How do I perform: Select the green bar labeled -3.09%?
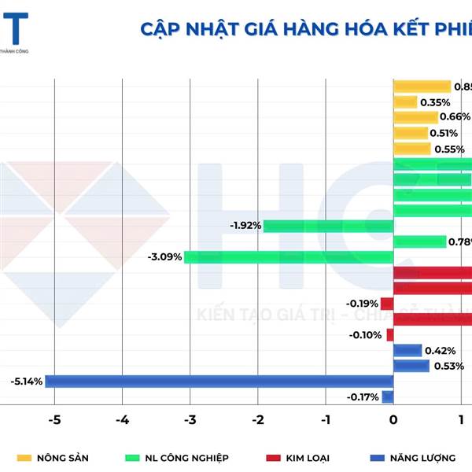[288, 256]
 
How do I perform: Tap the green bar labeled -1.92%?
[327, 226]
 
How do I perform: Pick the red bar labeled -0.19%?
[386, 304]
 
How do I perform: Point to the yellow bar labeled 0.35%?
[404, 102]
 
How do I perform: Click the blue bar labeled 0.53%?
[411, 366]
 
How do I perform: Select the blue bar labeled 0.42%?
[407, 351]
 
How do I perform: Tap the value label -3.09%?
[164, 256]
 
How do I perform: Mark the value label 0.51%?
[444, 133]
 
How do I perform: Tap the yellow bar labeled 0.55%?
[411, 149]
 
